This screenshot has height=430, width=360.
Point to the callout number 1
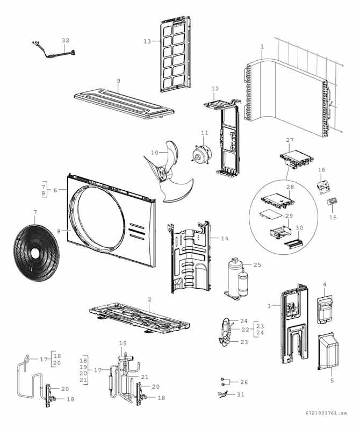click(x=262, y=46)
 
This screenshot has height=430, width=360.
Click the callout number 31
click(x=240, y=395)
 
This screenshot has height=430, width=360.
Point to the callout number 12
click(x=215, y=88)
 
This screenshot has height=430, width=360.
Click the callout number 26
click(x=244, y=382)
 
